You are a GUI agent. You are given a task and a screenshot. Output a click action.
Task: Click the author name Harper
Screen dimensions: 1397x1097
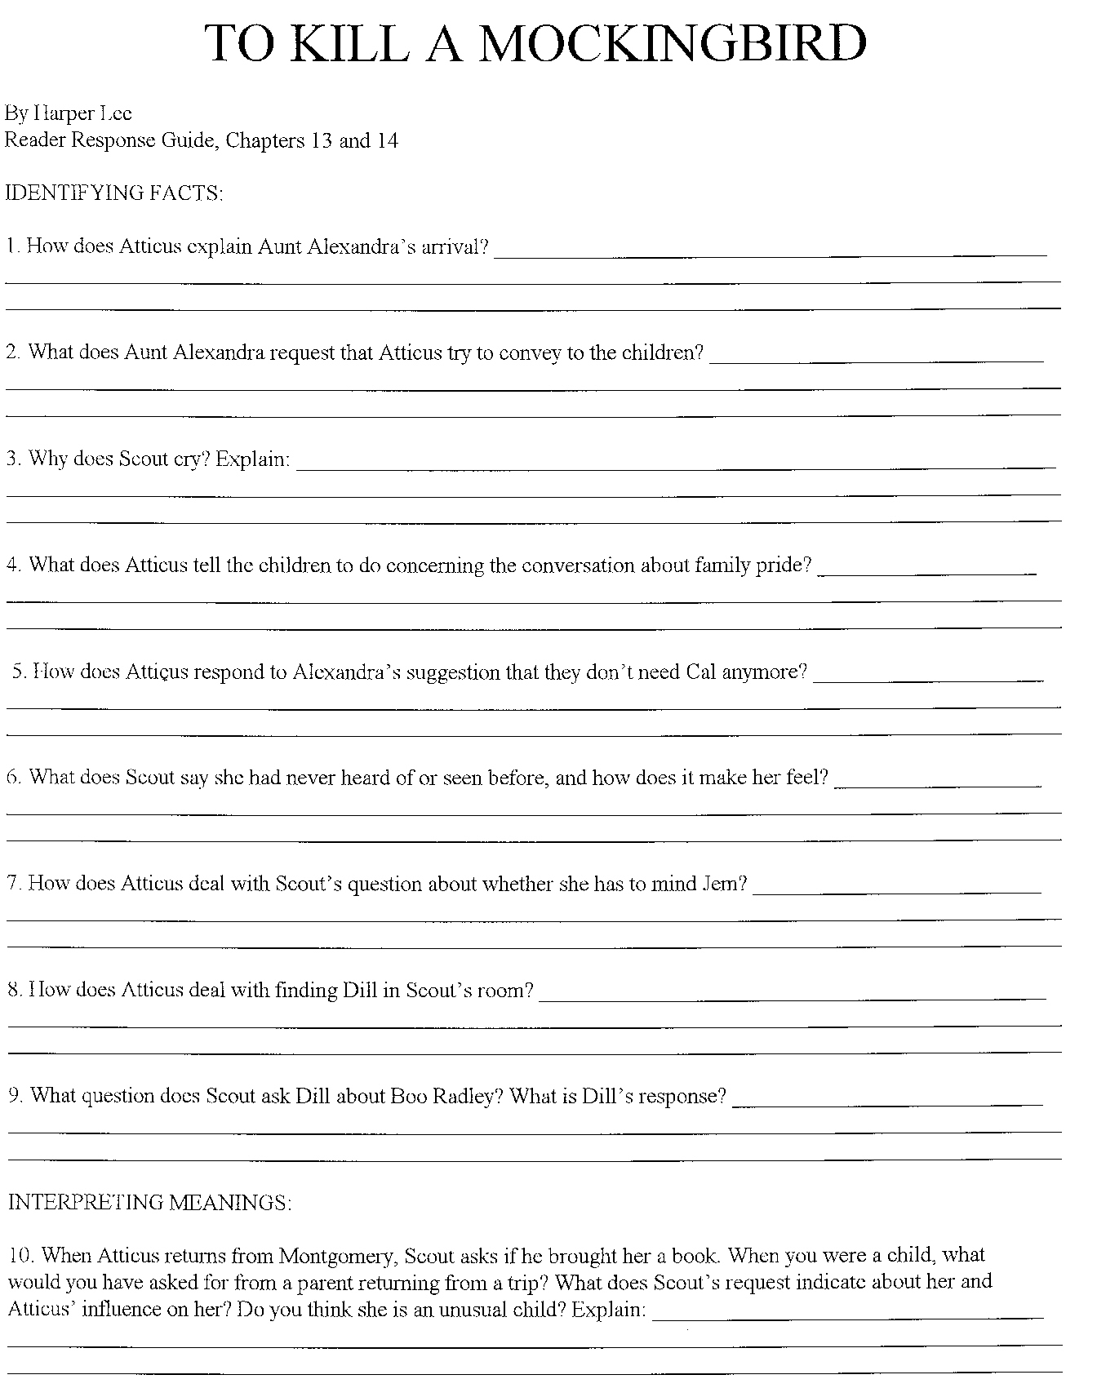point(67,113)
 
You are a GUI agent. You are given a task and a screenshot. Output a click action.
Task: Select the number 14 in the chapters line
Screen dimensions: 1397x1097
point(387,140)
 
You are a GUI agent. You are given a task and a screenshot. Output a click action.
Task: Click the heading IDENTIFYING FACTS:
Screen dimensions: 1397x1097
point(114,193)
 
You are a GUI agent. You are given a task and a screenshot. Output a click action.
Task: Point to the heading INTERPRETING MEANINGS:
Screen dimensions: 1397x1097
point(149,1202)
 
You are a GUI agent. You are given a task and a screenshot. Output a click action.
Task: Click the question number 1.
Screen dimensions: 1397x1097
point(11,246)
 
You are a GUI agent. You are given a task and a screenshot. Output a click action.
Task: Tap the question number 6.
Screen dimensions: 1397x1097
point(13,777)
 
